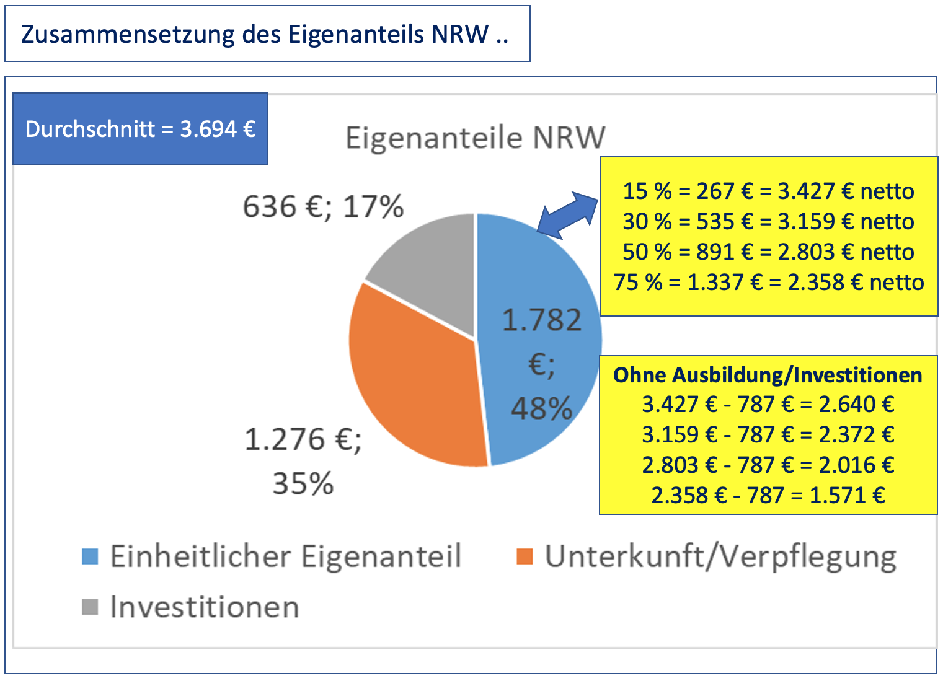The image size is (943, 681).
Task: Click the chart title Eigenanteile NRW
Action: (475, 138)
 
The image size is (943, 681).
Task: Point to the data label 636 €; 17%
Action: (323, 207)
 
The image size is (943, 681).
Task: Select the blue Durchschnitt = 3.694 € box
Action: (140, 129)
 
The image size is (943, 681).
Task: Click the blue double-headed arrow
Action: (567, 214)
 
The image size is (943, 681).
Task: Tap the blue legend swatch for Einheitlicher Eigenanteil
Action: (91, 556)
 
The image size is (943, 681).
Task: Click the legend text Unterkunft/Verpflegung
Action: (720, 556)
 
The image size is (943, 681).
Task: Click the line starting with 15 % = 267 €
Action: (768, 191)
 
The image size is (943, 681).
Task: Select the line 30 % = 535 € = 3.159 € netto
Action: (768, 222)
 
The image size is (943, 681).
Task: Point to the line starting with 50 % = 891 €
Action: (768, 252)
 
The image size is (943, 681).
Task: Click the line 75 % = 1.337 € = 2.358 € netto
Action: (768, 283)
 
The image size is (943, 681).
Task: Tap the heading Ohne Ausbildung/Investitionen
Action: (768, 375)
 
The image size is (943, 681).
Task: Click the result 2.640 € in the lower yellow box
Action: (856, 405)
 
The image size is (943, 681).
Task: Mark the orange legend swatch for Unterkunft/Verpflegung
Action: (525, 556)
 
